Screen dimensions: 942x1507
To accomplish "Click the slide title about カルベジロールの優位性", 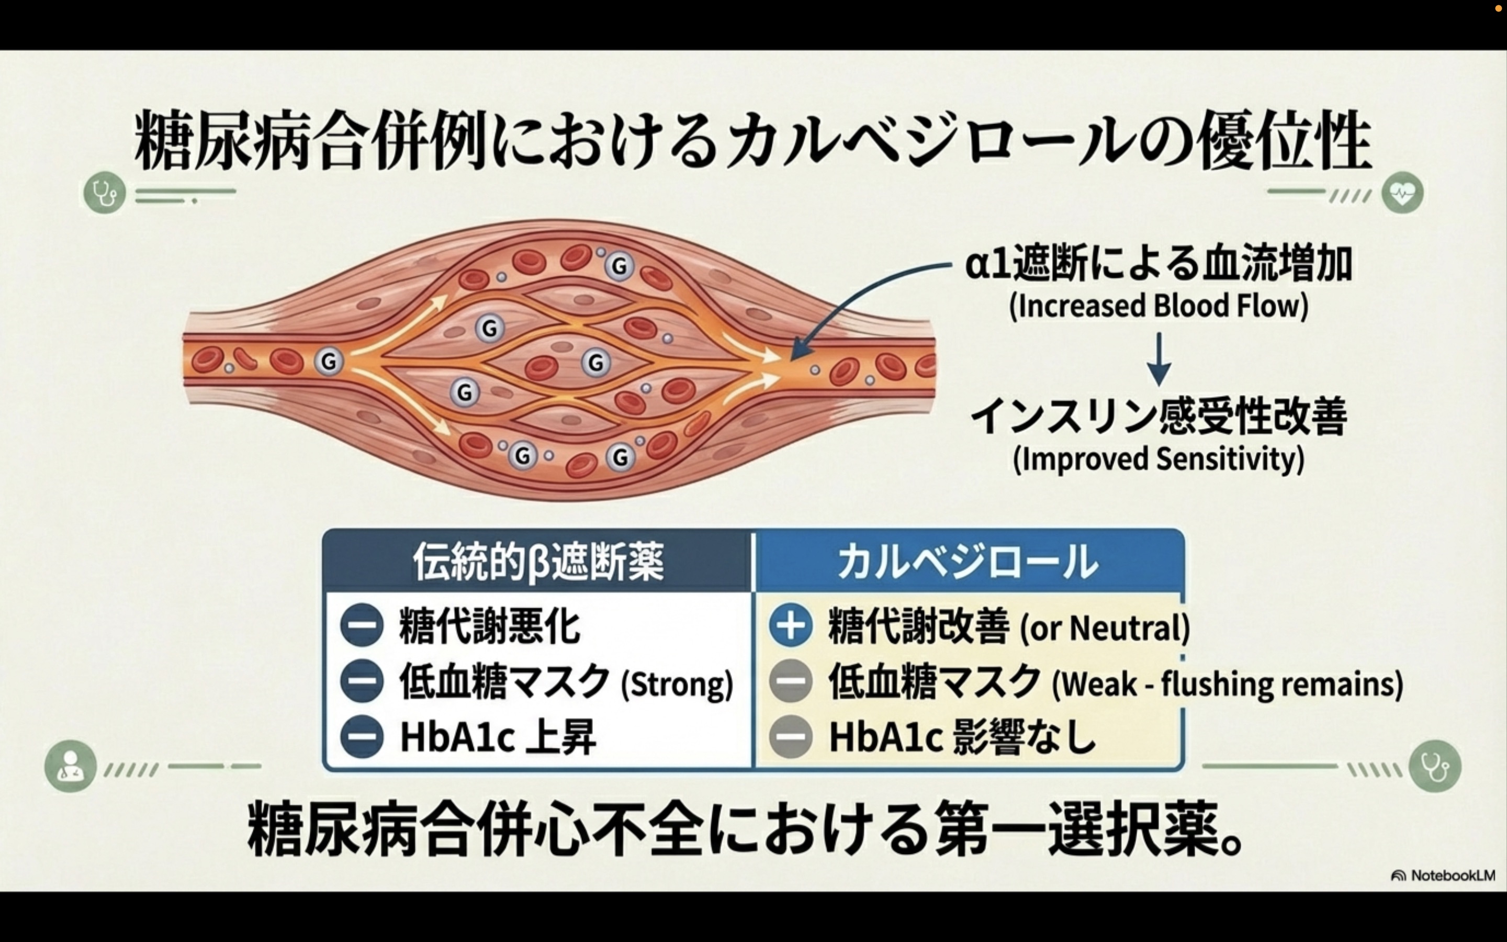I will [752, 141].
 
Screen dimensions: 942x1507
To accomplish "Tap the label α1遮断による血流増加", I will [1159, 264].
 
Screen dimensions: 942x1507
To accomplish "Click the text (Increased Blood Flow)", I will [1159, 307].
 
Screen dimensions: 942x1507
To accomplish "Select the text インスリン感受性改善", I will [1159, 416].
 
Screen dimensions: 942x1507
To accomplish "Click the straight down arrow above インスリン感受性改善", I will [1159, 360].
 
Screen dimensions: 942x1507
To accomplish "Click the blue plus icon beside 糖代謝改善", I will [790, 625].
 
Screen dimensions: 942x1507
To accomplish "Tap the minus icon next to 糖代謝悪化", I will [362, 625].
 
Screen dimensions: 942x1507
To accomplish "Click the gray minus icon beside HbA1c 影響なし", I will [790, 736].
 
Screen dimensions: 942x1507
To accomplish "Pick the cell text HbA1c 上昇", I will [498, 737].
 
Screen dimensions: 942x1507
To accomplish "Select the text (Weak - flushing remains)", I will [1227, 683].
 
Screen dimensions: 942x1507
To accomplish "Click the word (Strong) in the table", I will [678, 683].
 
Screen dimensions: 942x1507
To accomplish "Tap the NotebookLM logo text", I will [1451, 876].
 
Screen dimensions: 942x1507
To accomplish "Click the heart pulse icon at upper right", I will [1402, 193].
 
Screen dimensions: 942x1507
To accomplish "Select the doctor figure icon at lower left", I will [70, 766].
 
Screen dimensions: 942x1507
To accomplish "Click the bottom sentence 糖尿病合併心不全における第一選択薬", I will [744, 830].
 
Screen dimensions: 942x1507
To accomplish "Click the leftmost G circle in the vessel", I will [329, 361].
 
